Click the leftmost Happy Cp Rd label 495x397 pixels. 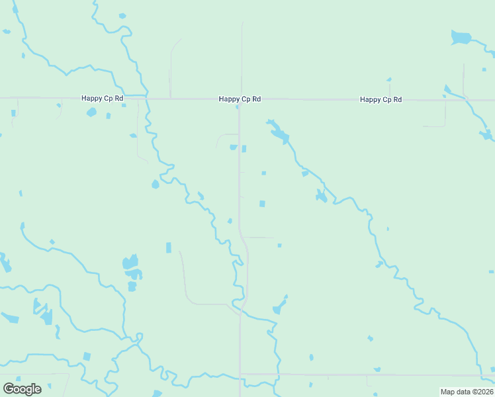[102, 99]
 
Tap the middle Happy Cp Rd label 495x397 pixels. [240, 99]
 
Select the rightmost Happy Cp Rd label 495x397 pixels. [381, 99]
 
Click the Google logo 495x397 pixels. [22, 388]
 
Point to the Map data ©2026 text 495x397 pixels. [467, 392]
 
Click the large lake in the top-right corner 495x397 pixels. [460, 38]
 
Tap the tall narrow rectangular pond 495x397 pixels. [169, 247]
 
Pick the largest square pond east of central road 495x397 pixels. [262, 204]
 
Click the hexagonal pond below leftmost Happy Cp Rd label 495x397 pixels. [91, 112]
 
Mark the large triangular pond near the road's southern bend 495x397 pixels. [279, 306]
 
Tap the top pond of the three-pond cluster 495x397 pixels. [130, 262]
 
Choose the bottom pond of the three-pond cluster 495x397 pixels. [132, 287]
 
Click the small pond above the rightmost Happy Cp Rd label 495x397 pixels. [389, 81]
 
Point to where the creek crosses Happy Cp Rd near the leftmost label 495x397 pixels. [144, 98]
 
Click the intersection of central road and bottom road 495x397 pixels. [240, 375]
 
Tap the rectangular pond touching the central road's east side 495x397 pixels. [244, 149]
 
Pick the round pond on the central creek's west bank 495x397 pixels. [156, 184]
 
